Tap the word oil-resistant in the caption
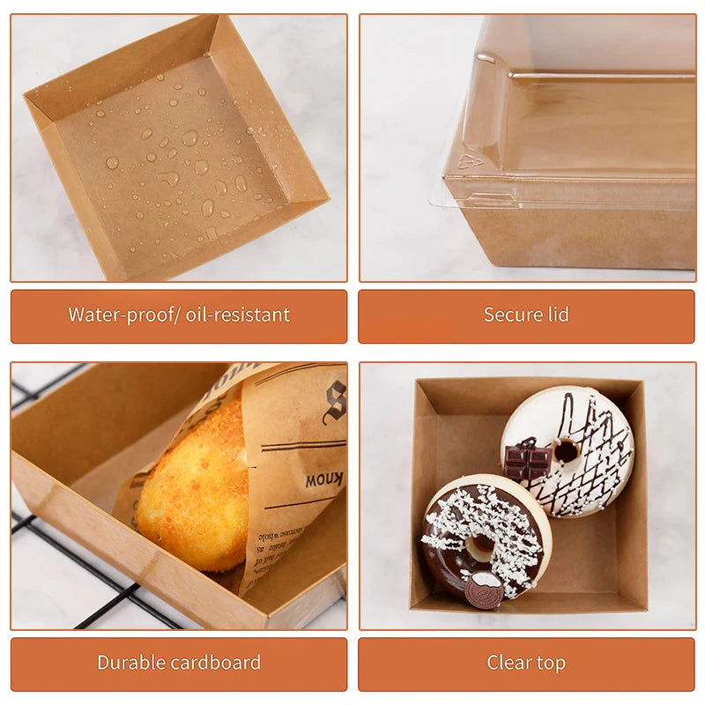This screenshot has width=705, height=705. (243, 315)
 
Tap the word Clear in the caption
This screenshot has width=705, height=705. (508, 663)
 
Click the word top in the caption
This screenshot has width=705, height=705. (551, 663)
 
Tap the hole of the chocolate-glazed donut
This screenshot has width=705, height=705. (481, 547)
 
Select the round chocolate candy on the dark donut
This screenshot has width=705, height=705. (484, 590)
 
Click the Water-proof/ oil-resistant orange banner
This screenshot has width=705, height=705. (179, 315)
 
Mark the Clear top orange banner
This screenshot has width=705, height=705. (526, 663)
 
